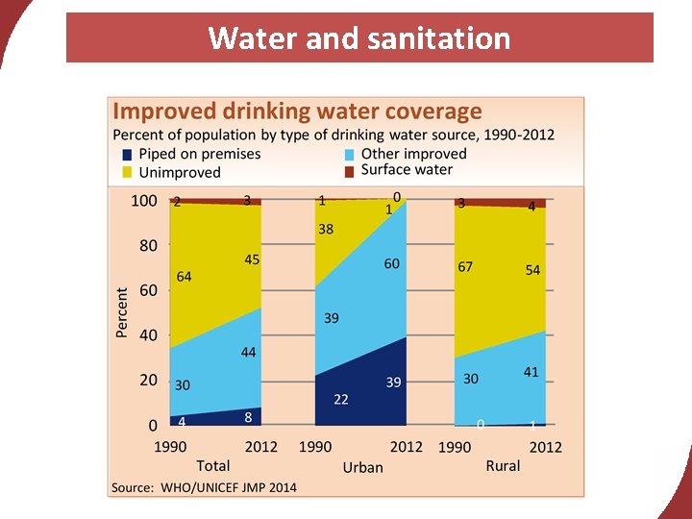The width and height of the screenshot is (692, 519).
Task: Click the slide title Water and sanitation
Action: click(359, 38)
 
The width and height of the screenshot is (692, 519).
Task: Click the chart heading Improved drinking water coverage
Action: click(298, 111)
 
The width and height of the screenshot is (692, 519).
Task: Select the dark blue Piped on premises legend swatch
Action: click(127, 155)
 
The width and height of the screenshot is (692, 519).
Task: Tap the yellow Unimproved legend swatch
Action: click(127, 173)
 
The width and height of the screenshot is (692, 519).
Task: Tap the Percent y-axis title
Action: click(122, 312)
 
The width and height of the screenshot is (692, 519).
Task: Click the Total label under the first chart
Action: click(213, 465)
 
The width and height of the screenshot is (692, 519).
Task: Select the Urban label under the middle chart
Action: click(362, 467)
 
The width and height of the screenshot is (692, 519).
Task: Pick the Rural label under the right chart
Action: click(503, 465)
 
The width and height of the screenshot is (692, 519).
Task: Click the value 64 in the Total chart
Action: click(184, 277)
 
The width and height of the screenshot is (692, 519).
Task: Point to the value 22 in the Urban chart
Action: click(340, 399)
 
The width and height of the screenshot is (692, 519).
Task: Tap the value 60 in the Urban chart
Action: click(391, 263)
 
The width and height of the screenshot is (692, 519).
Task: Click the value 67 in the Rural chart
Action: click(465, 266)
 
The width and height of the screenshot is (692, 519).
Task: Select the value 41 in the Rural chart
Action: click(531, 372)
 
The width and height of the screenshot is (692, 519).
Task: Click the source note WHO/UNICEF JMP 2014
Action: click(204, 487)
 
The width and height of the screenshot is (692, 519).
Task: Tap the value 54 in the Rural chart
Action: click(532, 271)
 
